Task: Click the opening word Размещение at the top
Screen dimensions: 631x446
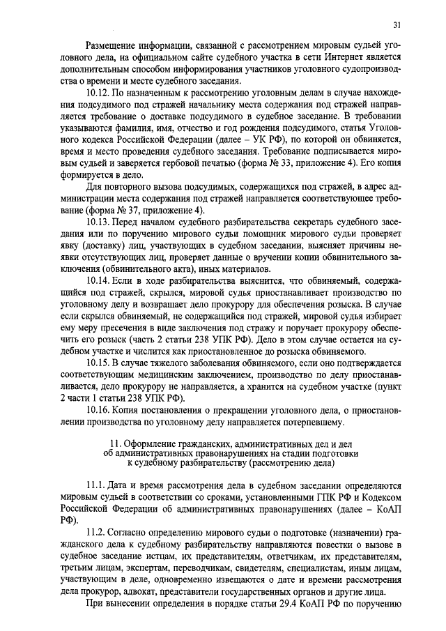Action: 114,44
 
